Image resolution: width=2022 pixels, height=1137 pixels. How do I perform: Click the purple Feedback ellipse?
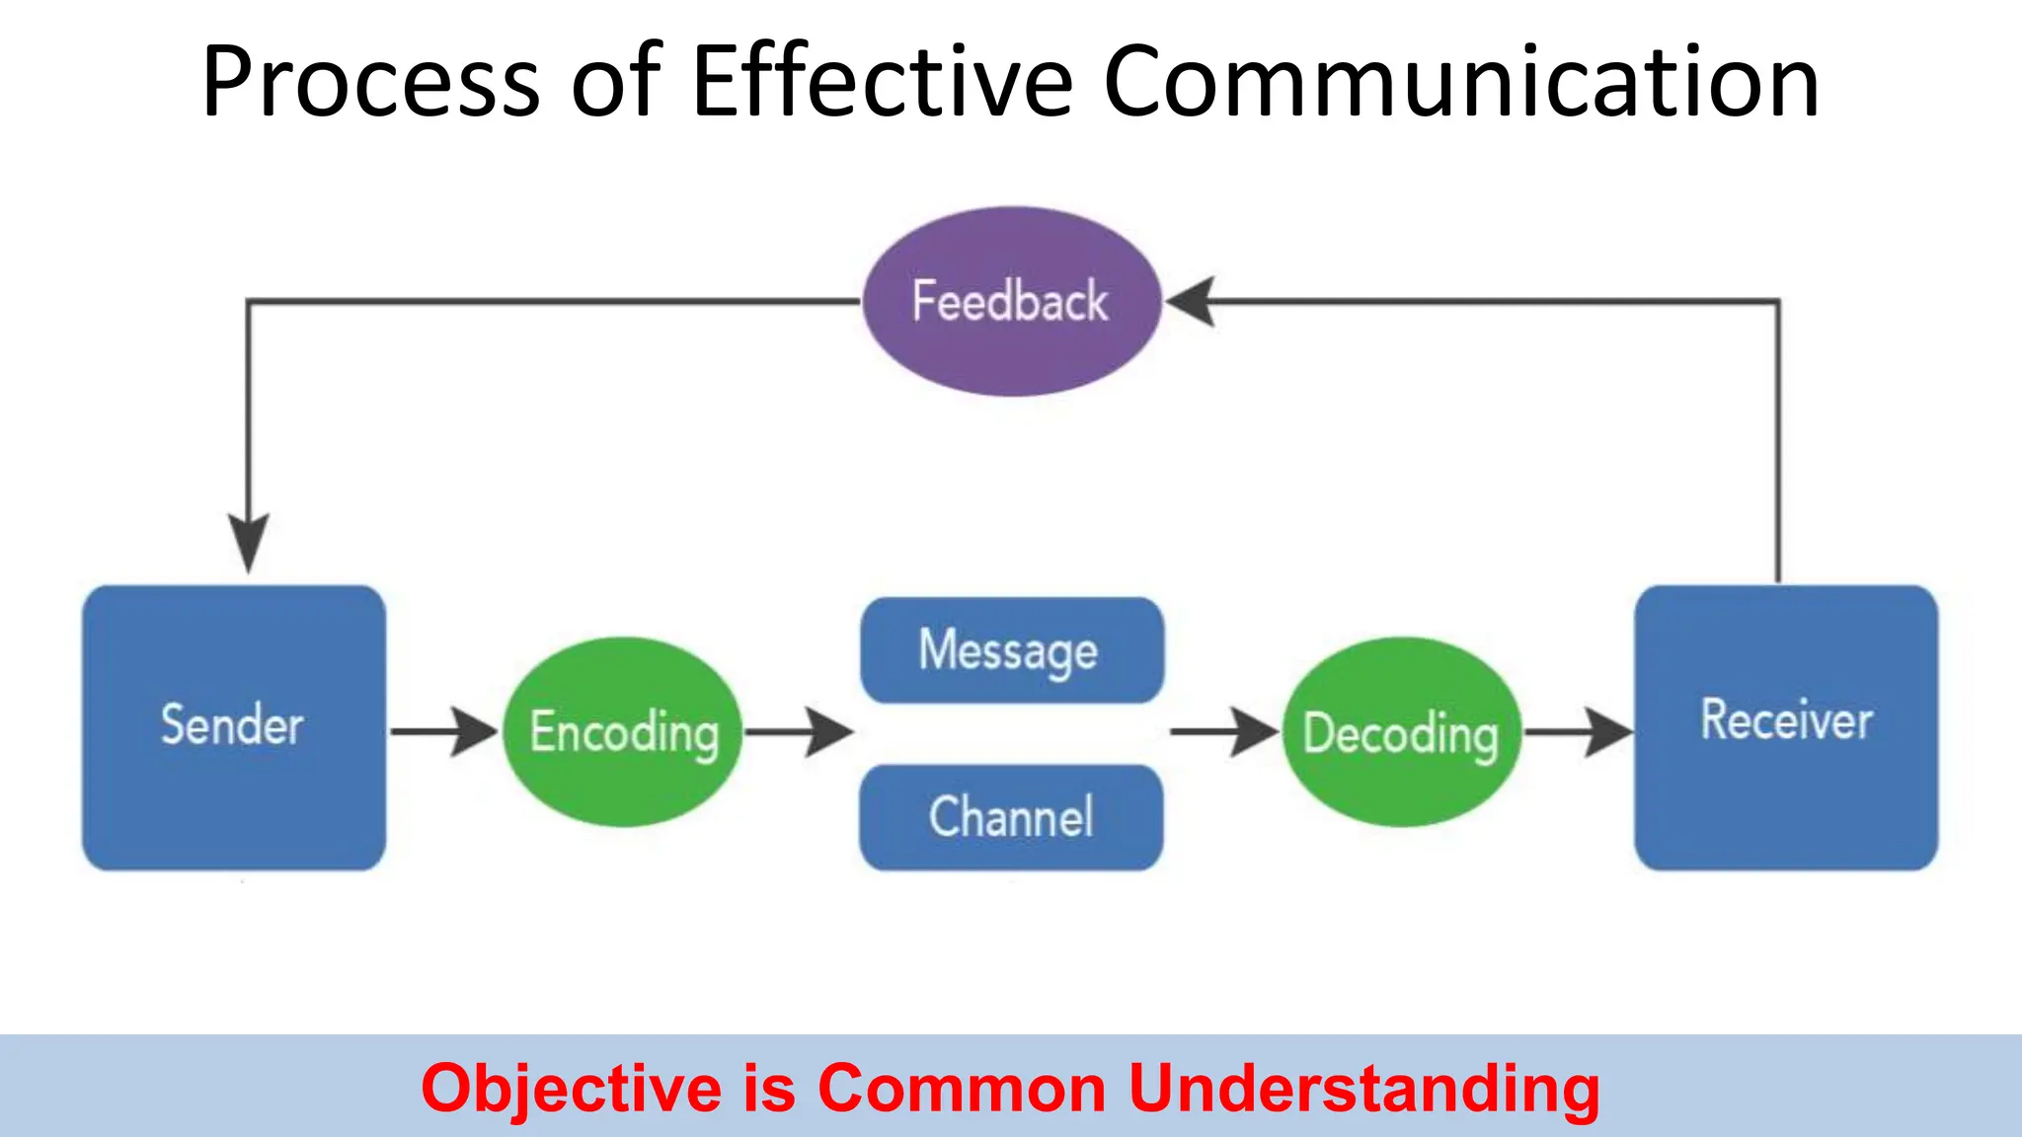click(x=1011, y=301)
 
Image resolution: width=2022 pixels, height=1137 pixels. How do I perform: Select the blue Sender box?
click(x=234, y=727)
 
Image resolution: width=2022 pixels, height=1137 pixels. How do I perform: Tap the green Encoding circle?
click(x=623, y=731)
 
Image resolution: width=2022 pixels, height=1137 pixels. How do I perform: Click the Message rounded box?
click(x=1011, y=650)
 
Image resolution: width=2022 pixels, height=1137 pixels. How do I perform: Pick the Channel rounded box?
click(x=1011, y=817)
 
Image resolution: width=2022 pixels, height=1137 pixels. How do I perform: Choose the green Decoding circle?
click(x=1401, y=731)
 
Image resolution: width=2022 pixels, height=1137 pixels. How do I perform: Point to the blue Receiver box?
click(x=1785, y=727)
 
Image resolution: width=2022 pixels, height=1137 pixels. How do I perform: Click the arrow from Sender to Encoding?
click(x=444, y=731)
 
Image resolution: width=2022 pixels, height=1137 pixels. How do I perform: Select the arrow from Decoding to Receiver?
click(x=1578, y=731)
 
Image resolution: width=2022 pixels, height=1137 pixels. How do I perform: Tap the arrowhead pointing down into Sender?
click(x=249, y=541)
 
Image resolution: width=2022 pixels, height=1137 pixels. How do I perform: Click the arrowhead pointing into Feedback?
click(x=1192, y=301)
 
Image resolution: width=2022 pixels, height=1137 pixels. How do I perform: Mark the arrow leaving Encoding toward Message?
click(x=799, y=731)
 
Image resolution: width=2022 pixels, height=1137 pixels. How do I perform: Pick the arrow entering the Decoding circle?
click(x=1224, y=731)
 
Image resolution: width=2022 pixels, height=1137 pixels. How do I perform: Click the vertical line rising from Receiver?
click(x=1778, y=444)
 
